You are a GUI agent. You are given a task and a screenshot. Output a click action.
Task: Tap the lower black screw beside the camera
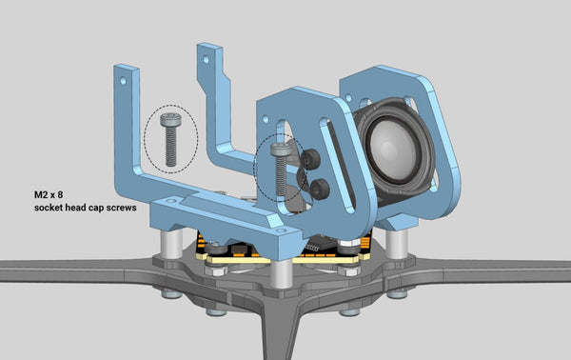[x=320, y=190]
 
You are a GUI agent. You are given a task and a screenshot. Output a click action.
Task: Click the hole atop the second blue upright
[x=204, y=59]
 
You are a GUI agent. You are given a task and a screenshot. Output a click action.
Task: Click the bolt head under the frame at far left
[x=171, y=293]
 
